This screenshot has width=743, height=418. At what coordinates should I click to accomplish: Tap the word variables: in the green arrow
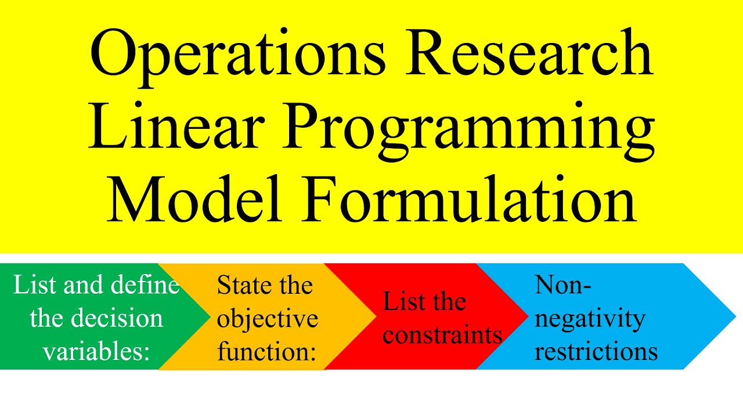pos(96,352)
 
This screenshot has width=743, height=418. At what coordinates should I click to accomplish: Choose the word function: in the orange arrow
pos(266,352)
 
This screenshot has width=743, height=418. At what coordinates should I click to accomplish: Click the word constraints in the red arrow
pos(442,335)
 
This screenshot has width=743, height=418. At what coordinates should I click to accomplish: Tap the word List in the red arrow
pos(401,302)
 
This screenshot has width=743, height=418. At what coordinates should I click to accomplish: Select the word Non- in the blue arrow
pos(562,285)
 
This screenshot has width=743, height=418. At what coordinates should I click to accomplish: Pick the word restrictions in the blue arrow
pos(596,352)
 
